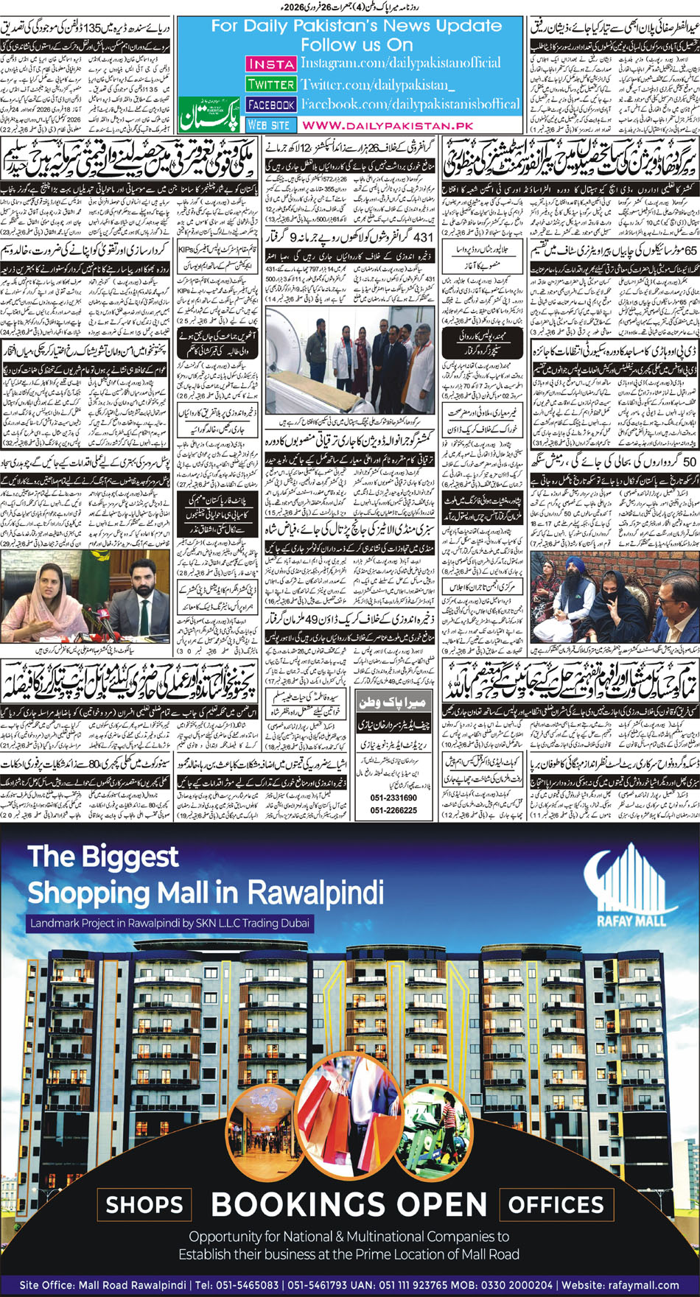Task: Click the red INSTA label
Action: click(270, 64)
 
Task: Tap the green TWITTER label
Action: click(270, 85)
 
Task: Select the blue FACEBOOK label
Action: click(270, 105)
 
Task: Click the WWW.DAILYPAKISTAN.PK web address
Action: click(387, 126)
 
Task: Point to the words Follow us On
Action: click(357, 44)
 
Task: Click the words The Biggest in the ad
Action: click(103, 857)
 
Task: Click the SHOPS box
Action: click(144, 1205)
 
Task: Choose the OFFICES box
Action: click(556, 1205)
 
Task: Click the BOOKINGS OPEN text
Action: click(349, 1205)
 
